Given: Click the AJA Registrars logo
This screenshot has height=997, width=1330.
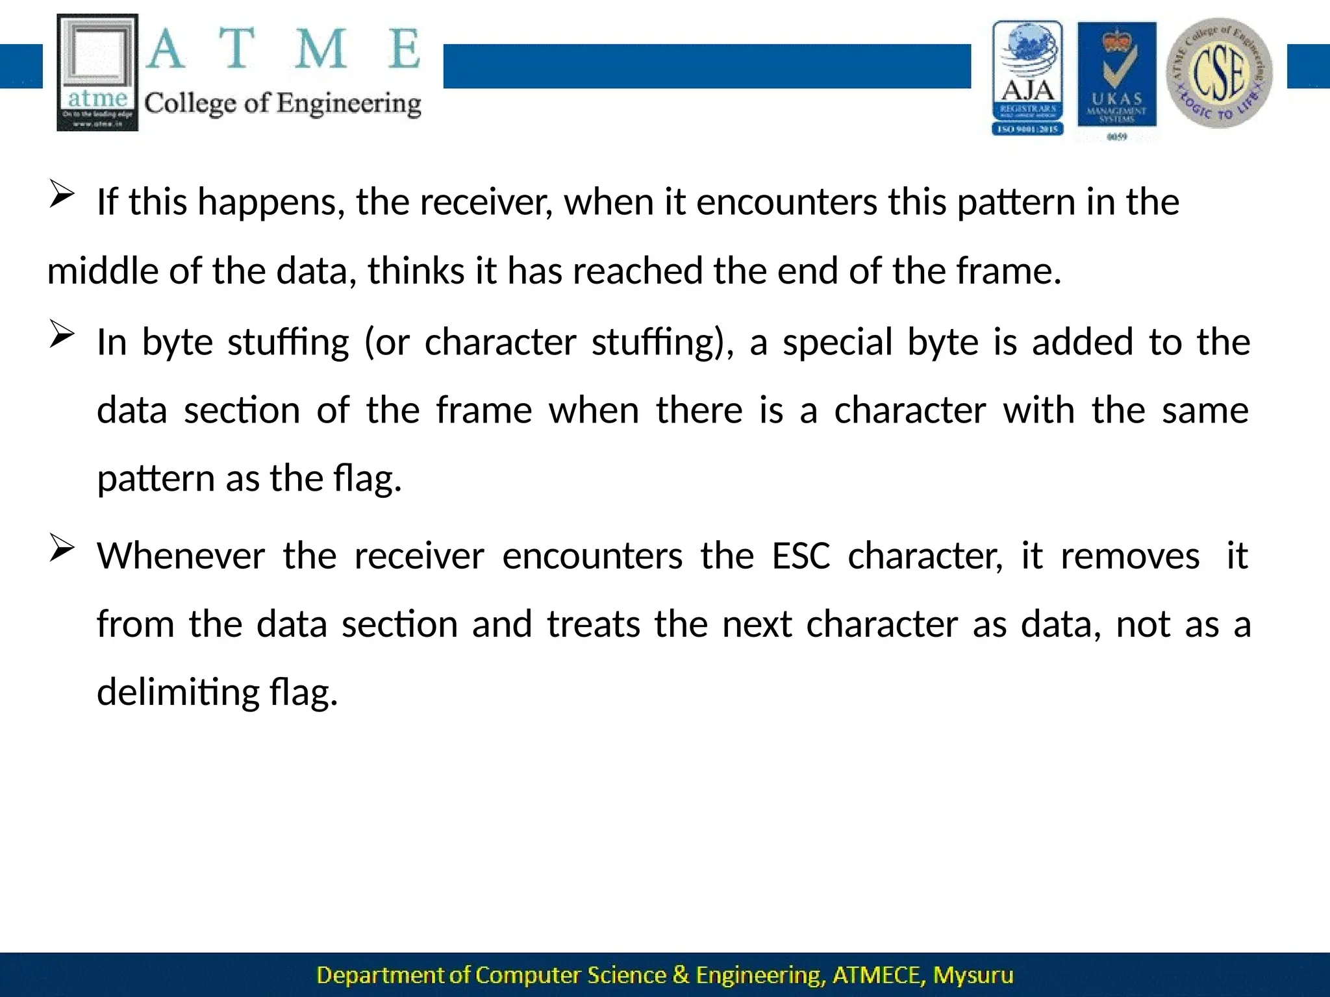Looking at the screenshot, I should tap(1027, 78).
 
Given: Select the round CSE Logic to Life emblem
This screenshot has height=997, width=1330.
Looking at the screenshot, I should tap(1219, 73).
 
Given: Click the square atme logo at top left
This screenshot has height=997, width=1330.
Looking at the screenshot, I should tap(97, 72).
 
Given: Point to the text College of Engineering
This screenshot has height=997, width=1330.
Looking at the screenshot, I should tap(282, 104).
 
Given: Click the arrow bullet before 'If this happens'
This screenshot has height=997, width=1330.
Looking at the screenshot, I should tap(62, 195).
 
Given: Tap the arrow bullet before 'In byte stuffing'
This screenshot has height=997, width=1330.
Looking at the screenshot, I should tap(62, 335).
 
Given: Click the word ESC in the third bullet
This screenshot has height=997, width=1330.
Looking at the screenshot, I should tap(801, 556).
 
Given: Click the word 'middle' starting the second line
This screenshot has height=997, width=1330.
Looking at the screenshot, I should tap(103, 271).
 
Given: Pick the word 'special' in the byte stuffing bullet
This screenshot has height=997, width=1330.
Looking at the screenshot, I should tap(838, 343).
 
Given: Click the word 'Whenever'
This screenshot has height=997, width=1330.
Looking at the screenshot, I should tap(181, 556).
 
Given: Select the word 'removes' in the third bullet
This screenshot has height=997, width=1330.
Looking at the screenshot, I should tap(1130, 556).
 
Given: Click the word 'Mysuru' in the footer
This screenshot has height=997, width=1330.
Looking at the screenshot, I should tap(973, 975).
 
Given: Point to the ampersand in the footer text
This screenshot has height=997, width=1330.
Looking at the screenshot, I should tap(681, 975).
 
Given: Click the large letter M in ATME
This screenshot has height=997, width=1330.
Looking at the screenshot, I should tap(320, 49).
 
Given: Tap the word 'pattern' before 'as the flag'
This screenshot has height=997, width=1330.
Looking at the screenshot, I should tap(156, 479).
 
